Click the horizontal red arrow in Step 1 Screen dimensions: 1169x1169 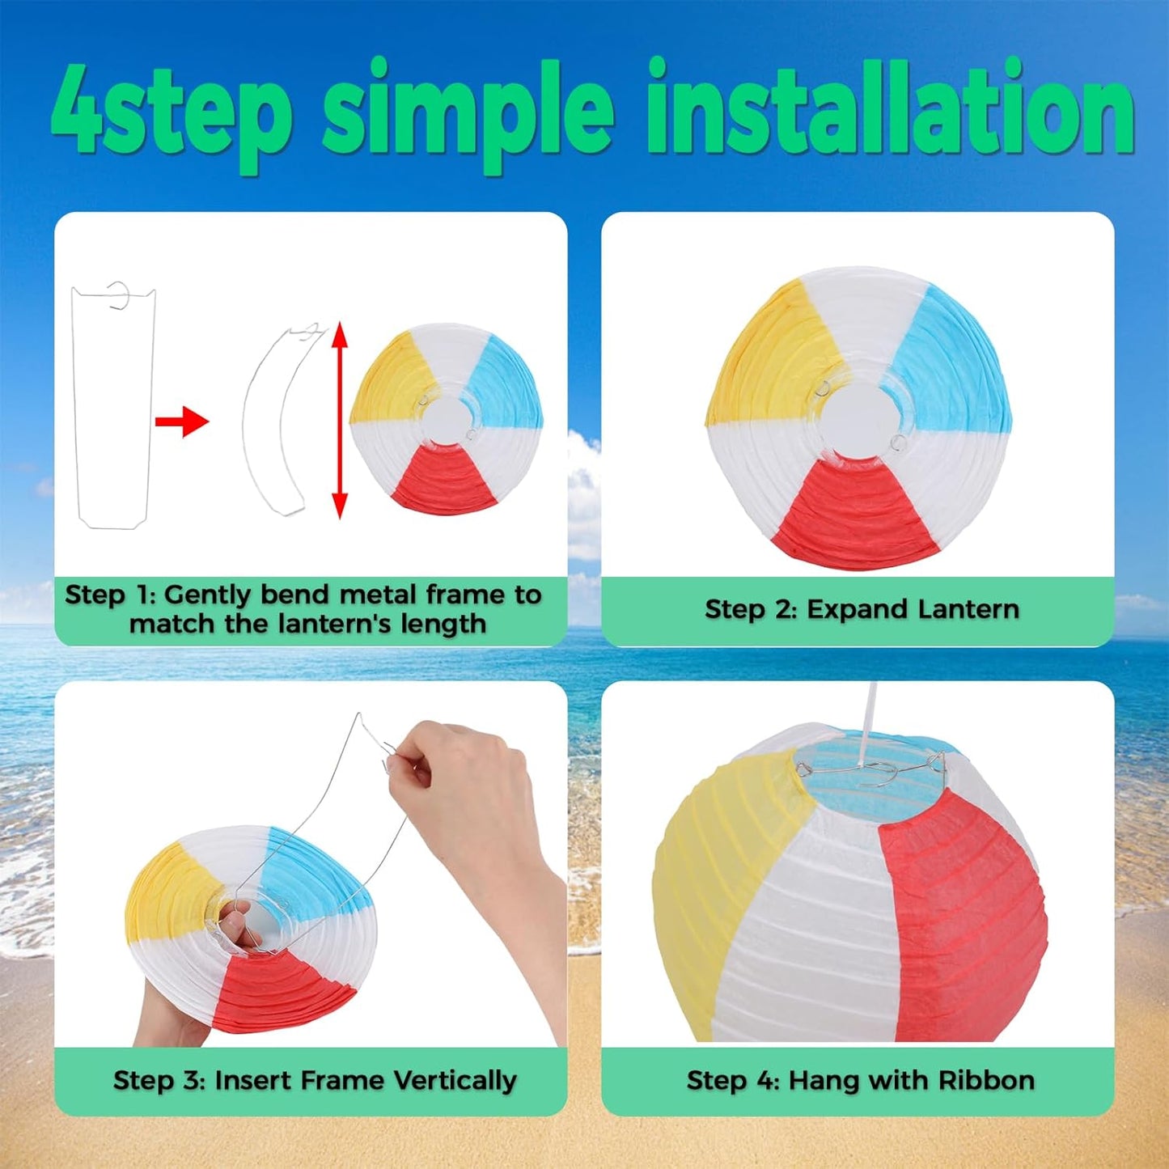coord(181,421)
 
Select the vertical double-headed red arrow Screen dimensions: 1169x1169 coord(340,420)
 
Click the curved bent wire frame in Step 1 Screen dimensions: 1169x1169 coord(275,421)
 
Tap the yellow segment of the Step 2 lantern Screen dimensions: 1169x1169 coord(769,348)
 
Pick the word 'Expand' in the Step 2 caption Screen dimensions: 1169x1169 coord(853,609)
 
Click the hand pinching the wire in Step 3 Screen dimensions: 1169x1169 coord(461,777)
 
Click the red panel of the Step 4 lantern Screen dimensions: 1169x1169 coord(963,930)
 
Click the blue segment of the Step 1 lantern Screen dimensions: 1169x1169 coord(506,384)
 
